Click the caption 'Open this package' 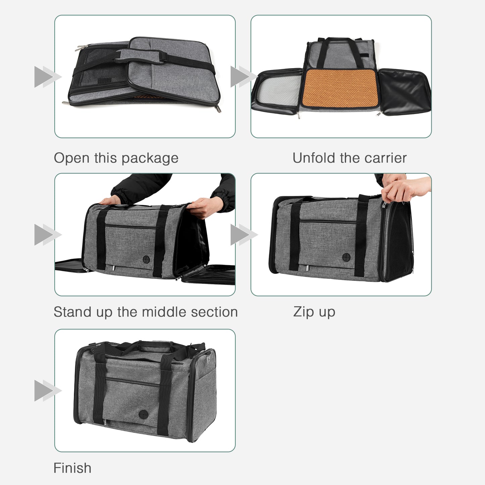[116, 158]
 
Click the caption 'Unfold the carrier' [349, 158]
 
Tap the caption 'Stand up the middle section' [146, 312]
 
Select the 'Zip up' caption [314, 312]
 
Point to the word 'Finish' [72, 468]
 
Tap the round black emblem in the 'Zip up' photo [346, 258]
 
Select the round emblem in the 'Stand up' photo [146, 259]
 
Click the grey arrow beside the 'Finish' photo [47, 391]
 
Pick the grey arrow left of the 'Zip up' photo [243, 235]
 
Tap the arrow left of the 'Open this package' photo [47, 77]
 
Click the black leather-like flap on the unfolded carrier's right [404, 91]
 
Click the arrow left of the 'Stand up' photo [47, 235]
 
